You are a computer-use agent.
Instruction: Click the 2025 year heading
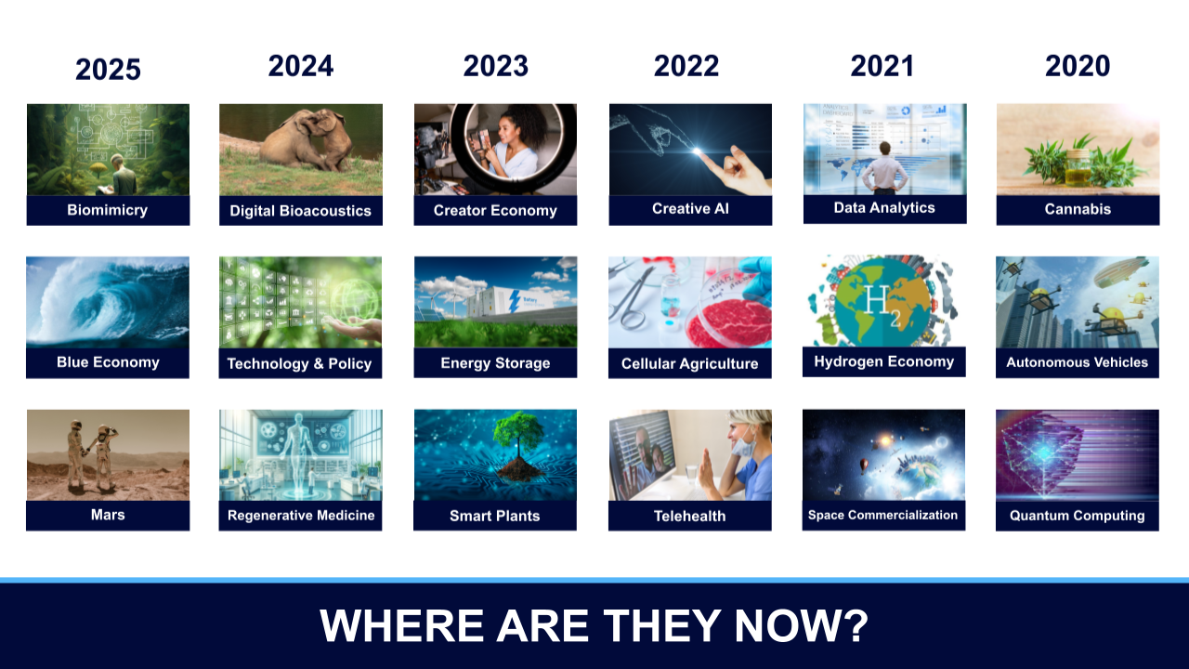pyautogui.click(x=108, y=69)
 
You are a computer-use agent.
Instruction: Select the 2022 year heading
pyautogui.click(x=686, y=66)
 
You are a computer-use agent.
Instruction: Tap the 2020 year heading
pyautogui.click(x=1078, y=66)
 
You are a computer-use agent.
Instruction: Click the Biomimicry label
pyautogui.click(x=107, y=210)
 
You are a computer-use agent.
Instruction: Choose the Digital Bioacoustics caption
pyautogui.click(x=300, y=211)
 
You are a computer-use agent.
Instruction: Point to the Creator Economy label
pyautogui.click(x=495, y=211)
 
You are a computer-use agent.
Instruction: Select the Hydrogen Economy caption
pyautogui.click(x=883, y=361)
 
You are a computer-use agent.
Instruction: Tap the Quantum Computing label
pyautogui.click(x=1077, y=516)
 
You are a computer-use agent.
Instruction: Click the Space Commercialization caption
pyautogui.click(x=882, y=515)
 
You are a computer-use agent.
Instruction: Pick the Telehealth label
pyautogui.click(x=689, y=516)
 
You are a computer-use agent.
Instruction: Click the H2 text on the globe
pyautogui.click(x=882, y=306)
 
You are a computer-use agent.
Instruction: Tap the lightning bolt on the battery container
pyautogui.click(x=514, y=302)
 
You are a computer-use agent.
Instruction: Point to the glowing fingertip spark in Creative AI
pyautogui.click(x=697, y=151)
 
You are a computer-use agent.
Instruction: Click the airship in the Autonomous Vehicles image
pyautogui.click(x=1120, y=271)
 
